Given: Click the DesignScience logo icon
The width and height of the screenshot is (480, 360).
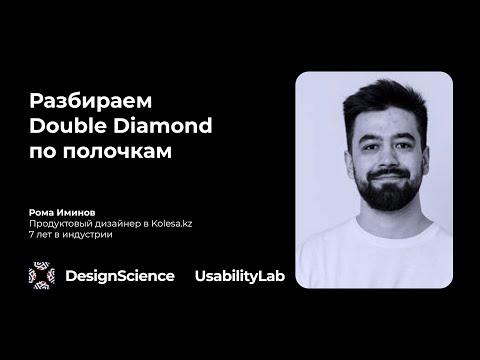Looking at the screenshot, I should pos(42,275).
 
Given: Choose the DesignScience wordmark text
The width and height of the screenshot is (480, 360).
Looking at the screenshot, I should pos(119,276).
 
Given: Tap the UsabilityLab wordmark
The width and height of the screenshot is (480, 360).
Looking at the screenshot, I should pos(239,276).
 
